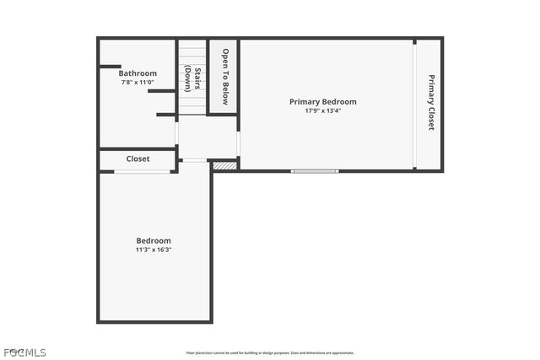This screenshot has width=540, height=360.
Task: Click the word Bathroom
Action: tap(138, 73)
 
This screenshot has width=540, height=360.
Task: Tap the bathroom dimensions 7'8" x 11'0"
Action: tap(138, 83)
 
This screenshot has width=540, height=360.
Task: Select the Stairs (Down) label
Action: tap(192, 78)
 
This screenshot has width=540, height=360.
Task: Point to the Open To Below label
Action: tap(225, 76)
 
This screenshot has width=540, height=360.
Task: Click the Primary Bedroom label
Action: tap(323, 102)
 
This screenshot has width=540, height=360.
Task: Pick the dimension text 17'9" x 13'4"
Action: tap(323, 110)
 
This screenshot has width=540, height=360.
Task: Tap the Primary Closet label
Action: tap(430, 102)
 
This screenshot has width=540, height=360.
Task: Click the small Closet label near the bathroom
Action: tap(138, 159)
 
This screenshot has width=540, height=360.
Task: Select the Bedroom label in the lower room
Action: tap(154, 240)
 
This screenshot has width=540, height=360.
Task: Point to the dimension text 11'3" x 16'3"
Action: tap(154, 250)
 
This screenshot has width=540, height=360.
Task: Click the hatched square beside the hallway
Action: tap(223, 166)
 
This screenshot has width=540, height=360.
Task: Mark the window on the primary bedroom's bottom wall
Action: tap(315, 171)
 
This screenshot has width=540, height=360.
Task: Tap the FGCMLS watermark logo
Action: tap(24, 352)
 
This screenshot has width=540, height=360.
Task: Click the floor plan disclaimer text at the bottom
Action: tap(270, 353)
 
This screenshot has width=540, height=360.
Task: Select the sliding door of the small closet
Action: tap(142, 172)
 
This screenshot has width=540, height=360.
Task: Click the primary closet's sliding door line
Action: tap(414, 105)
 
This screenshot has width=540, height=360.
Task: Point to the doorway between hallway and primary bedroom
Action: tap(239, 143)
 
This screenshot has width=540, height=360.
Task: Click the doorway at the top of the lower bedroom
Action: tap(195, 160)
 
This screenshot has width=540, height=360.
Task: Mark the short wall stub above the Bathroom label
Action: tap(111, 66)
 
